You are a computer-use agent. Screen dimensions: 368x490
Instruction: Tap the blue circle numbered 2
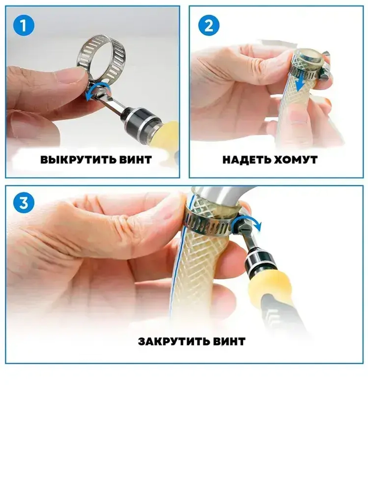[x=209, y=25]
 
